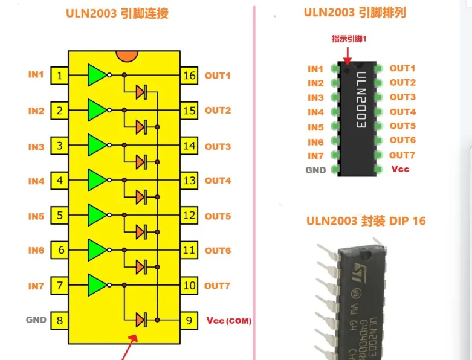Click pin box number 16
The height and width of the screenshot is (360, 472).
tap(189, 76)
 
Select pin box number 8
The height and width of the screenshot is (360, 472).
tap(59, 320)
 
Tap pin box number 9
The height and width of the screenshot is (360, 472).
tap(189, 320)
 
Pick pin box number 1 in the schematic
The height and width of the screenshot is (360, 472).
tap(59, 76)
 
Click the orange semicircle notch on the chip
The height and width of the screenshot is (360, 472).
tap(125, 55)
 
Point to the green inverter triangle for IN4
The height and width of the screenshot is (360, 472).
tap(96, 180)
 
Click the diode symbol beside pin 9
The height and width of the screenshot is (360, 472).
tap(141, 320)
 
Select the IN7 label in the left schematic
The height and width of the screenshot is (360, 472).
tap(36, 286)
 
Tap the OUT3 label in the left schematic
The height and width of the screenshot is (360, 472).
tap(218, 146)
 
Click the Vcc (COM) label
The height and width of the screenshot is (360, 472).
tap(228, 320)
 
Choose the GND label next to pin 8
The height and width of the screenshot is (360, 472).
tap(36, 320)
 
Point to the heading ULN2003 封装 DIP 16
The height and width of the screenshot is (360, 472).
tap(366, 220)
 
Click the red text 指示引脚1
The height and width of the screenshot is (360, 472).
tap(349, 39)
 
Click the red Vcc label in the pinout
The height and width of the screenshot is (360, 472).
tap(399, 169)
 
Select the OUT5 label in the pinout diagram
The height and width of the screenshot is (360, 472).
tap(402, 126)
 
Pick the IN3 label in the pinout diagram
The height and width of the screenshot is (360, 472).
tap(315, 98)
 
